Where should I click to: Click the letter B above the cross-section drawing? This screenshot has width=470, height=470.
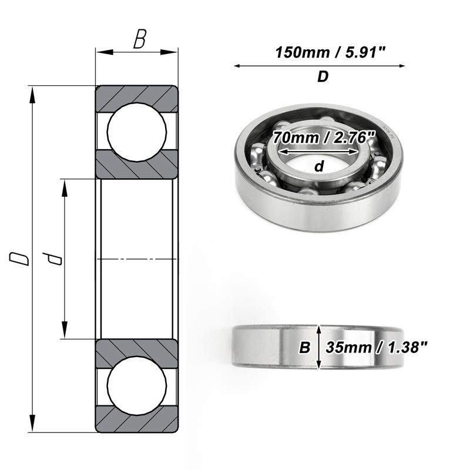[139, 39]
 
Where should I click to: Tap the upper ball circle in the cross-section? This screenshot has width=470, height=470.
[137, 132]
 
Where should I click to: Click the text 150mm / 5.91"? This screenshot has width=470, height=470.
[331, 52]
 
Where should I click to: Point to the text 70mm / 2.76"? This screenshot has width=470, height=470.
[324, 139]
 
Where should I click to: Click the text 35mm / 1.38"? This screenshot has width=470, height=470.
[377, 347]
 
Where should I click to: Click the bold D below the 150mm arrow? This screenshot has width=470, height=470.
[323, 78]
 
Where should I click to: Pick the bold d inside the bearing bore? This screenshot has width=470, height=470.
[319, 167]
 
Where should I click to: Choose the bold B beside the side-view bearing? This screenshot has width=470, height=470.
[305, 348]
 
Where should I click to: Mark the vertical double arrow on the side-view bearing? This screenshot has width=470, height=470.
[319, 347]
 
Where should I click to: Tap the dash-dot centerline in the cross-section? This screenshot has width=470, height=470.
[137, 258]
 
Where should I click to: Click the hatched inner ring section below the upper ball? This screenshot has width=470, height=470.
[137, 164]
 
